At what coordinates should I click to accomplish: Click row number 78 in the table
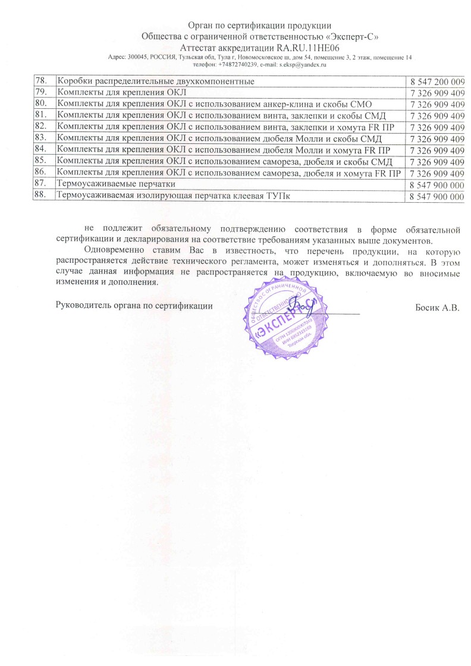[41, 81]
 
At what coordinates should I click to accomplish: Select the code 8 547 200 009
[437, 81]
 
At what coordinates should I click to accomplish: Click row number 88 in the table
[41, 196]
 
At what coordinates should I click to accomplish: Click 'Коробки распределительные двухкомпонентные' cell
[155, 81]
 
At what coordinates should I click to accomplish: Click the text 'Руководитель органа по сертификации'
[134, 306]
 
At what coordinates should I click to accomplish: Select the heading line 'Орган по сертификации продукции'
[259, 25]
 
